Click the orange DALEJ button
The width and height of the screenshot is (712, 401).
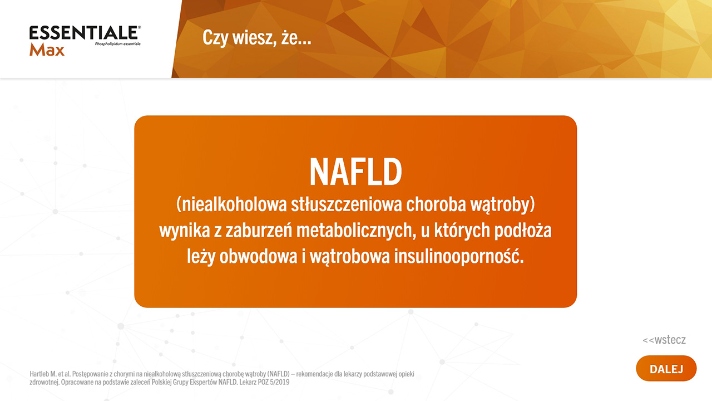click(666, 369)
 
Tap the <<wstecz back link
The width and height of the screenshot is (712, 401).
click(664, 340)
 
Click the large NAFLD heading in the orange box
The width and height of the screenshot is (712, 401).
click(355, 172)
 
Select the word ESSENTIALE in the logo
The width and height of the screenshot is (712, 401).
click(85, 33)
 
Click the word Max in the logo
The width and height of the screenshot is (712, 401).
click(47, 50)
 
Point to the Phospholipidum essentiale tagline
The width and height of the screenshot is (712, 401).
click(117, 44)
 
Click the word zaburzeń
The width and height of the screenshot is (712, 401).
click(259, 230)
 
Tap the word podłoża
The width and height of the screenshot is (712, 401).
click(522, 230)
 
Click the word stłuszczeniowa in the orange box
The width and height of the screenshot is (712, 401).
click(347, 204)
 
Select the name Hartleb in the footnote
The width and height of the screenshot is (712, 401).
click(39, 374)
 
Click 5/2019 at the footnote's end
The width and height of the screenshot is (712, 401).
click(280, 382)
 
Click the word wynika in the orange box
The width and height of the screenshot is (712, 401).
click(184, 231)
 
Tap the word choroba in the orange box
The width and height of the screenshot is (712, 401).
click(436, 204)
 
